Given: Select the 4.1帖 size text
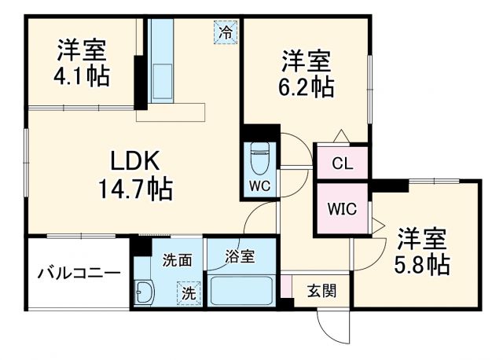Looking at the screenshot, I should tap(82, 76).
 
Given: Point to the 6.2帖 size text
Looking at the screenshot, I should tap(307, 86).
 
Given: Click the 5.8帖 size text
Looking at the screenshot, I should tap(422, 264).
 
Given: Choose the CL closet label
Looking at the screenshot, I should tap(342, 164).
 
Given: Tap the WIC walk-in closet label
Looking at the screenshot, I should tap(343, 210).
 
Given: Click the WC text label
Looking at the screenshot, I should tap(259, 186).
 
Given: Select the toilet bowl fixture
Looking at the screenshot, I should tap(259, 160).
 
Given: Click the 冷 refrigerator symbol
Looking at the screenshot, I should tap(226, 32).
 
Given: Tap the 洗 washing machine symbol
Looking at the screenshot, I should tap(189, 293).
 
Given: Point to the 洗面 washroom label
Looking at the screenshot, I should tap(177, 260).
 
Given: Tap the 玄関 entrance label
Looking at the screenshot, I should tap(321, 291).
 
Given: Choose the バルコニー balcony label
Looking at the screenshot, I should tap(79, 274).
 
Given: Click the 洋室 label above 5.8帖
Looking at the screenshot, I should tap(422, 237).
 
